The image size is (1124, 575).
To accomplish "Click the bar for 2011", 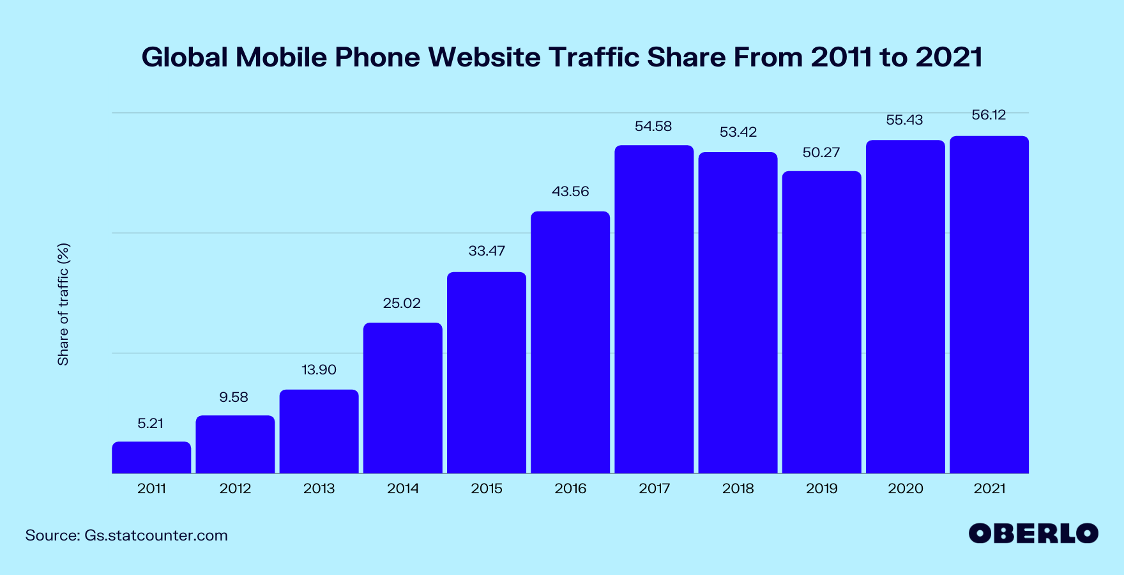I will (151, 457).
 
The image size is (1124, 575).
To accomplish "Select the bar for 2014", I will (402, 398).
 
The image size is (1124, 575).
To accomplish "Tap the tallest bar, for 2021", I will (989, 305).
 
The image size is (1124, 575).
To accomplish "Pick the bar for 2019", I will (821, 322).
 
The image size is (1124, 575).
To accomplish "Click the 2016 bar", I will (570, 342).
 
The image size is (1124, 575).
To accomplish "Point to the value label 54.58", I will (653, 126).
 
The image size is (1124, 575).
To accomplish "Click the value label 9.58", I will (234, 397).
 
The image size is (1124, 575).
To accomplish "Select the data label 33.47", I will (487, 251).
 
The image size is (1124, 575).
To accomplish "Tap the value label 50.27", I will (821, 153).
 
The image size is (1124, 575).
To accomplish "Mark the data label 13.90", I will (319, 370).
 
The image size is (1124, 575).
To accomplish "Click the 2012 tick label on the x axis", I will (235, 489).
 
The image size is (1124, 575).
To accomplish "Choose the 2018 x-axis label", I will (738, 489).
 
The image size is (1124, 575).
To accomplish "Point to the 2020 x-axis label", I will (905, 489).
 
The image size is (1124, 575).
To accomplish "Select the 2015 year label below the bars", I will (487, 489).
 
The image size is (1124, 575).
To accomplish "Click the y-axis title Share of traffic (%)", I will (63, 304).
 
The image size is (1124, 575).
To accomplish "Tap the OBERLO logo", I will (1033, 533).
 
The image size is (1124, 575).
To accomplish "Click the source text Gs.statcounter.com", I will (156, 535).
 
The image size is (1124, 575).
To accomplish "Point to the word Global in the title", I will (185, 57).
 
